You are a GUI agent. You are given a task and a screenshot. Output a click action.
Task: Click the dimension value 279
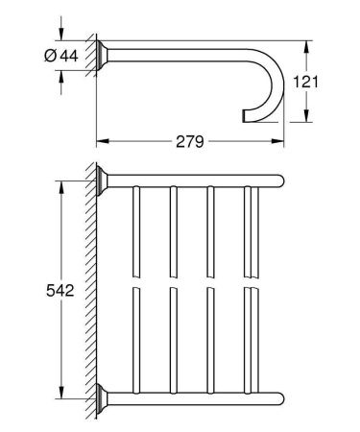click(x=190, y=141)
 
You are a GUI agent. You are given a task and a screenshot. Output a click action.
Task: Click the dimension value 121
click(x=306, y=82)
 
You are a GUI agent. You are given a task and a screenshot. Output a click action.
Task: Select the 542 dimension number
click(x=60, y=291)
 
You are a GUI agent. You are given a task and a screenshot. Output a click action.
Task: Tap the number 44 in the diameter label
click(x=69, y=56)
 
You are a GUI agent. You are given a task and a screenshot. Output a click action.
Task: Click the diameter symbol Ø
click(x=51, y=56)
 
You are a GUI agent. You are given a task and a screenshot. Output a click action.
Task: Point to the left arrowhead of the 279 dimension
click(x=103, y=141)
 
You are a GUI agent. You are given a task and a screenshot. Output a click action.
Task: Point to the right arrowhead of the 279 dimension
click(x=277, y=141)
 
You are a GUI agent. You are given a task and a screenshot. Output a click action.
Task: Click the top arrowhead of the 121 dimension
click(x=306, y=47)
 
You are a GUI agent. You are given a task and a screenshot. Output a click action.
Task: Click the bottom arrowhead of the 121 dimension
click(x=306, y=115)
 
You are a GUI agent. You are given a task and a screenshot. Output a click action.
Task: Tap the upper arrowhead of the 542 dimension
click(x=61, y=187)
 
